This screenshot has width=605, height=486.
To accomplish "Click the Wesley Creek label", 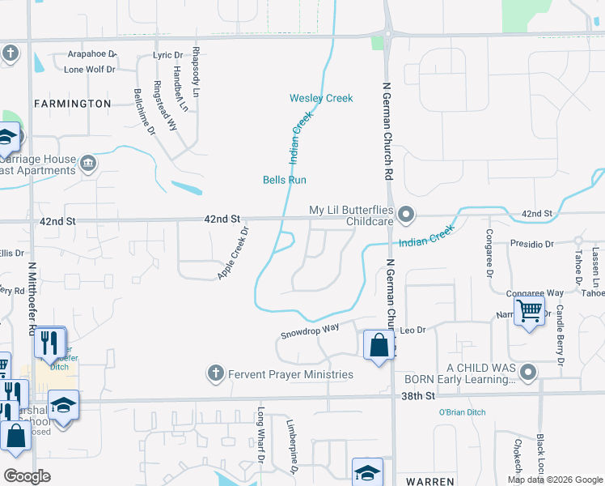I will [321, 98].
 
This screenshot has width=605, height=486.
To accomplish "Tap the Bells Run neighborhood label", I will [285, 180].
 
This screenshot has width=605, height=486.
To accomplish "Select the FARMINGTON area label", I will [72, 104].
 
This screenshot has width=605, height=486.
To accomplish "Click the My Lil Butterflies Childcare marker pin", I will [406, 215].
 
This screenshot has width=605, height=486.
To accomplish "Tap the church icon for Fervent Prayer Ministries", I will [215, 373].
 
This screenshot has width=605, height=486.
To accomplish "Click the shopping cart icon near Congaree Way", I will [529, 310].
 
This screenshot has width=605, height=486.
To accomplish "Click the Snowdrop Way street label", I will [309, 330].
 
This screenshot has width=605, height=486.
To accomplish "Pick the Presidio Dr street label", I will [531, 243].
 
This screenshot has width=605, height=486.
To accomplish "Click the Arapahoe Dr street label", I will [91, 54].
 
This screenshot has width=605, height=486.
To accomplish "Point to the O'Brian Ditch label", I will [462, 412].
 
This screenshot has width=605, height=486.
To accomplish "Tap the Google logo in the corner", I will [27, 475].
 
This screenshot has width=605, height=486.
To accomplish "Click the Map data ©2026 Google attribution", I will [555, 480].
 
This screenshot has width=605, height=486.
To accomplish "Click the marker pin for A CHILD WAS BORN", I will [529, 373].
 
